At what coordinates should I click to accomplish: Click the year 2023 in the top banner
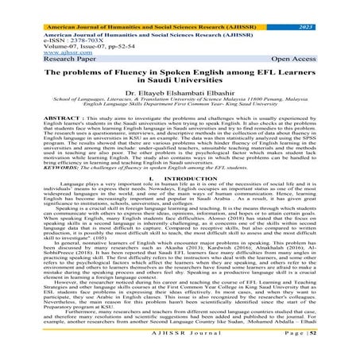click(336, 6)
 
